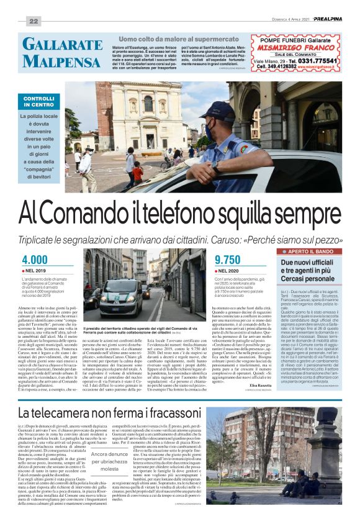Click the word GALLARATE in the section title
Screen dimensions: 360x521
[61, 44]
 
